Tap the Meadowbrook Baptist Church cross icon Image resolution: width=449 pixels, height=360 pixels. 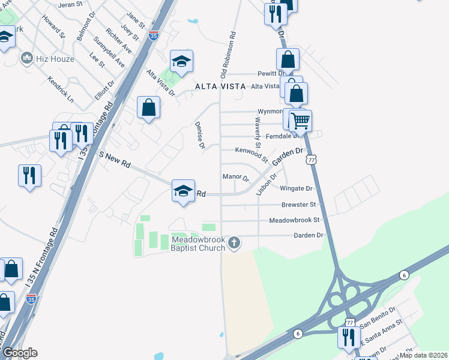[234, 243]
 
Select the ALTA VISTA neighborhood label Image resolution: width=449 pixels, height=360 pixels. [220, 86]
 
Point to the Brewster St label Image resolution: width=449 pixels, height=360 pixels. [298, 205]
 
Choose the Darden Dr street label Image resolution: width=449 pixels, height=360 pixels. [309, 235]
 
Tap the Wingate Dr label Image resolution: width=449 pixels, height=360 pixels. [297, 188]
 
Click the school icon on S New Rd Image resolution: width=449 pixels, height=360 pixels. [183, 191]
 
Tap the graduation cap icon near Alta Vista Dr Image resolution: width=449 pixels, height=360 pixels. [181, 61]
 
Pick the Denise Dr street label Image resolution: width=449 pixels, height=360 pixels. [200, 136]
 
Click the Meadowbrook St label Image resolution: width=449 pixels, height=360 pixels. [296, 220]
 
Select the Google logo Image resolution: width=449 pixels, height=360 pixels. [20, 353]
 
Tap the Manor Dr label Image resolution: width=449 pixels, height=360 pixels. [235, 177]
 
